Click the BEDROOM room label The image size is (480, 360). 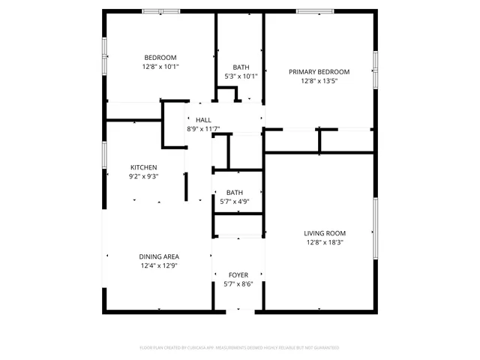(160, 58)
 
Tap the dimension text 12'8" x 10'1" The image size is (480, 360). (160, 67)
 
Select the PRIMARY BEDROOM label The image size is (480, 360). (319, 72)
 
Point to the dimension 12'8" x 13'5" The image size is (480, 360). (319, 81)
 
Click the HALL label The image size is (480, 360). (203, 120)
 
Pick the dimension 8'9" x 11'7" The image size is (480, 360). (203, 129)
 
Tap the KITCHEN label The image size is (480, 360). (143, 167)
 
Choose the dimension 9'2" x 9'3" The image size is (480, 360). (143, 176)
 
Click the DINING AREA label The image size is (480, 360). (158, 256)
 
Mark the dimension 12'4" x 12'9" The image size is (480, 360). (158, 265)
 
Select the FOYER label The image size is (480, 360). (238, 275)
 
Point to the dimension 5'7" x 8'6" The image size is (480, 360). (238, 284)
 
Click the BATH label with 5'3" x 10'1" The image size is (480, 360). (241, 67)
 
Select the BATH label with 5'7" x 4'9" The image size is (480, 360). (235, 192)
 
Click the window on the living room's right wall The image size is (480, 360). (375, 221)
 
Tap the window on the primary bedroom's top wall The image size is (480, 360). (315, 11)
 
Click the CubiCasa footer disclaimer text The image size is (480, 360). (240, 348)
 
